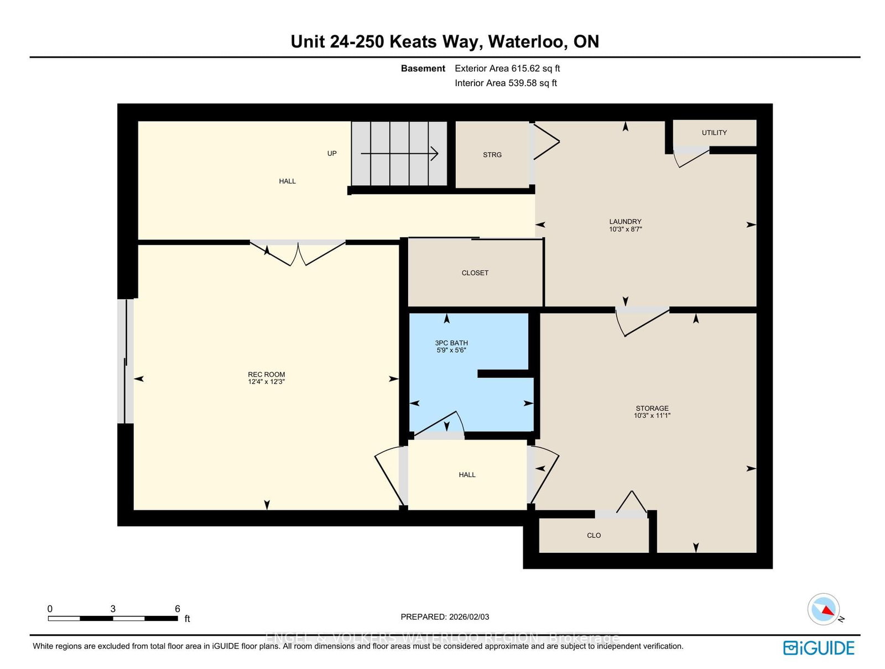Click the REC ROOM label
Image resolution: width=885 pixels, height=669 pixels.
(266, 374)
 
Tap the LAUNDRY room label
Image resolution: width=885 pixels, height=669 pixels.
(625, 222)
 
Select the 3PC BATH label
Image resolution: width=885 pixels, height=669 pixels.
(451, 343)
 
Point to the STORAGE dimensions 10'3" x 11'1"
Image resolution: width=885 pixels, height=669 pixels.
(652, 416)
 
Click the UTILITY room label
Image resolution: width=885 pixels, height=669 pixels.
(714, 133)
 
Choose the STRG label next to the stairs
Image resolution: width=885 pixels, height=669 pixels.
(492, 155)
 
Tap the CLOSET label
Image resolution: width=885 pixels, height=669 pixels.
(475, 273)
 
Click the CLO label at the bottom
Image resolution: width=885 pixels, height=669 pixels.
(594, 535)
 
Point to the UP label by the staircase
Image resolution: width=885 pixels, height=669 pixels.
(332, 154)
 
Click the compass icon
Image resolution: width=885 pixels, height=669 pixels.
(824, 609)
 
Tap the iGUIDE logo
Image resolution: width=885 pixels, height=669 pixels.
(819, 647)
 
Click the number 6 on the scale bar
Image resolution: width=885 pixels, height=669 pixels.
(178, 609)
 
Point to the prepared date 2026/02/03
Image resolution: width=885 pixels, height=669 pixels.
(469, 617)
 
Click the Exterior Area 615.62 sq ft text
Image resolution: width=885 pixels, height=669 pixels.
(507, 69)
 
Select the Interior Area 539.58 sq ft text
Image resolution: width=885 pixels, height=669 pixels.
(506, 83)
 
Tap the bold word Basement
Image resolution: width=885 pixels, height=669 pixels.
(423, 69)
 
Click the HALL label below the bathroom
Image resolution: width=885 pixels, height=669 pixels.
(467, 474)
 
